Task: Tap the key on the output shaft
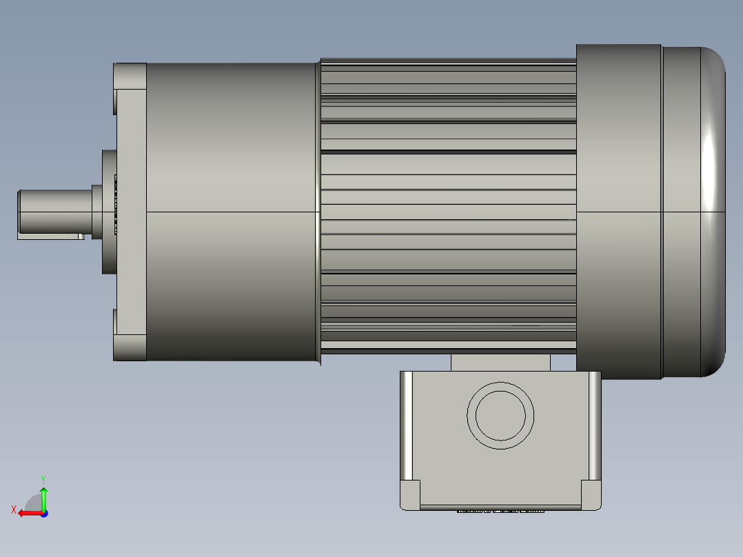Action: point(51,236)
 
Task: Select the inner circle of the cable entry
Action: point(500,416)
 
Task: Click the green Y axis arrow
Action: point(43,498)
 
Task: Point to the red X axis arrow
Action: point(30,514)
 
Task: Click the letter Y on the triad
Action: point(43,479)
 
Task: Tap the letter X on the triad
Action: point(14,509)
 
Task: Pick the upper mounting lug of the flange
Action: point(130,77)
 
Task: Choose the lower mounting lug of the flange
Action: point(130,348)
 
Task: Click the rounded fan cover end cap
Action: point(693,212)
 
